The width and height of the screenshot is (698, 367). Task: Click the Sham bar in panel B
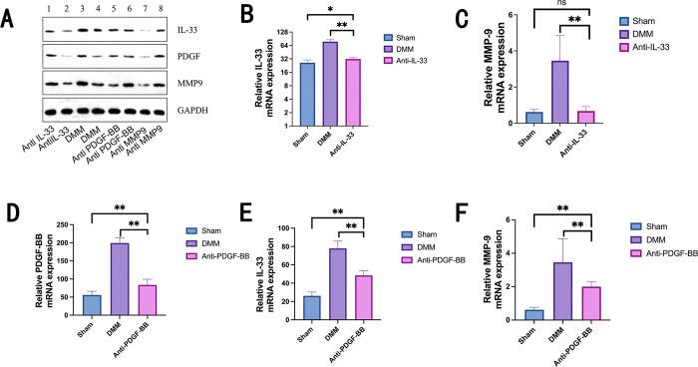[279, 94]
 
